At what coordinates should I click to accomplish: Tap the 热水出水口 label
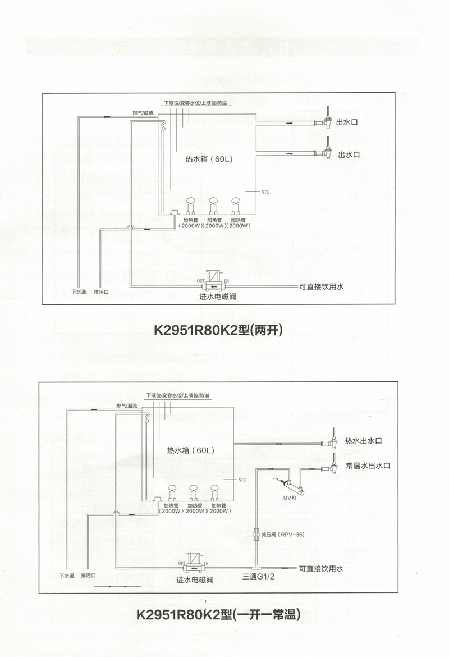[363, 441]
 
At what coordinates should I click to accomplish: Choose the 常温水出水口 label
[367, 466]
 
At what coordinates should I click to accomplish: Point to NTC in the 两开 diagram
[265, 191]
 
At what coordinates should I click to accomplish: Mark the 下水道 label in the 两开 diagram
[79, 292]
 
